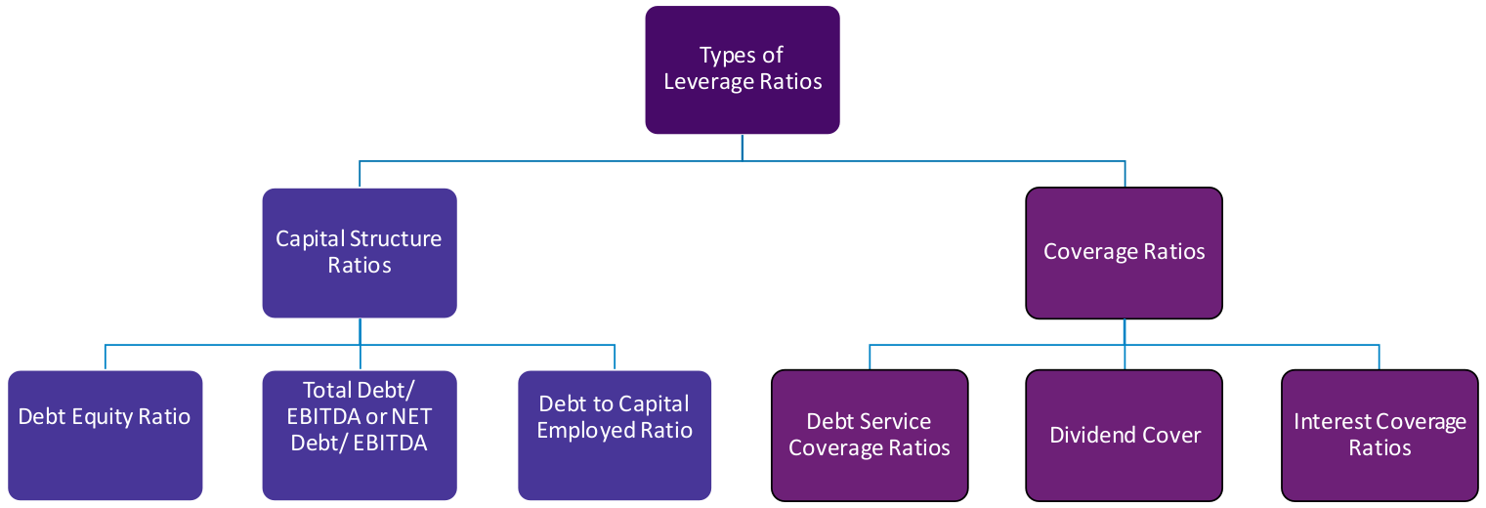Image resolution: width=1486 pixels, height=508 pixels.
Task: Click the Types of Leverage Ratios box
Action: pyautogui.click(x=743, y=69)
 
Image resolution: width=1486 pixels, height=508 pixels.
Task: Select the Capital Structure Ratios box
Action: pyautogui.click(x=360, y=252)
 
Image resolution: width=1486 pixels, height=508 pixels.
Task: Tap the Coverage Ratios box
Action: pyautogui.click(x=1124, y=252)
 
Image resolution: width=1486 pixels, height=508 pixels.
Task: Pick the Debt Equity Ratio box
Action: pyautogui.click(x=105, y=435)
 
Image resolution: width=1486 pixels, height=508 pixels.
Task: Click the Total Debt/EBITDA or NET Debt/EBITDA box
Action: pyautogui.click(x=360, y=435)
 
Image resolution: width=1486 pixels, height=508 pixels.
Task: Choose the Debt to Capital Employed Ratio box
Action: pyautogui.click(x=615, y=435)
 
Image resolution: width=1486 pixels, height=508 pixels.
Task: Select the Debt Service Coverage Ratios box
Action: pyautogui.click(x=870, y=435)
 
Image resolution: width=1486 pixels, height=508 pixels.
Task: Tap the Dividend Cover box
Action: pyautogui.click(x=1124, y=435)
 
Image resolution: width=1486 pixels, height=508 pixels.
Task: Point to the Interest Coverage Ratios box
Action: pyautogui.click(x=1380, y=435)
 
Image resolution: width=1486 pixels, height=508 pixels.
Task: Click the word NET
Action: pyautogui.click(x=412, y=417)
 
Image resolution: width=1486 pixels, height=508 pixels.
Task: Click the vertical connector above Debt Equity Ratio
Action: pyautogui.click(x=105, y=357)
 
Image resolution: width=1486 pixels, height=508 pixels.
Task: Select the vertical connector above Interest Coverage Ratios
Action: pyautogui.click(x=1380, y=357)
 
